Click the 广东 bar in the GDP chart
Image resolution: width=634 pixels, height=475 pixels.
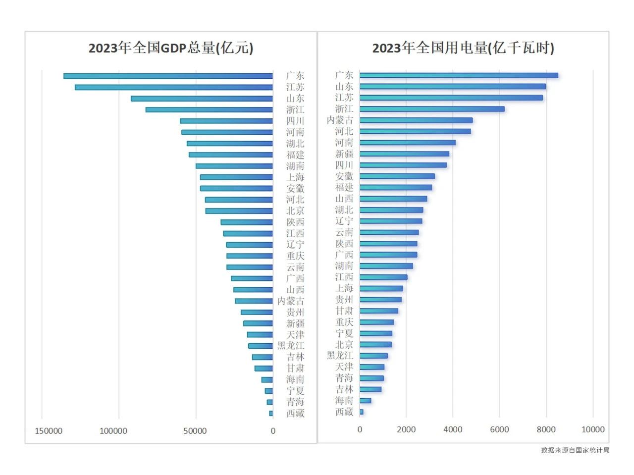[x=168, y=76]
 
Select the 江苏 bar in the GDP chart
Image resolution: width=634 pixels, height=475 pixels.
[x=174, y=87]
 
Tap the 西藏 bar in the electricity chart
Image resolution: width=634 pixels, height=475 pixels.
[x=362, y=412]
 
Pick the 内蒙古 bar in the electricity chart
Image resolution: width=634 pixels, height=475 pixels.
[x=416, y=120]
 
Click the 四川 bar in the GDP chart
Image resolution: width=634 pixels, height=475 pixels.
[x=226, y=121]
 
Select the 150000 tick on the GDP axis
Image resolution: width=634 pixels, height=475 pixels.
[x=49, y=431]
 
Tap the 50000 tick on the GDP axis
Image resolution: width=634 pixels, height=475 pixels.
[x=195, y=431]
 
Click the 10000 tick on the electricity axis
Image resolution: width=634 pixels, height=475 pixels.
[x=592, y=429]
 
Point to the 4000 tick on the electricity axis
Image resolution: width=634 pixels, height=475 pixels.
[x=453, y=429]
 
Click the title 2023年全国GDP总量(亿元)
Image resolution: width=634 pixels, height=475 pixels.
[x=171, y=48]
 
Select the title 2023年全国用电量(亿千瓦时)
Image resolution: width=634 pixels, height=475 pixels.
[x=463, y=48]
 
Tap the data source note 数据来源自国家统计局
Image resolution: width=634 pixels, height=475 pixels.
[x=575, y=450]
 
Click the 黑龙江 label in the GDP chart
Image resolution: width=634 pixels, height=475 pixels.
[x=291, y=346]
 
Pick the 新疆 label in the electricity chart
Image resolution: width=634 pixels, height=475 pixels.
[x=344, y=154]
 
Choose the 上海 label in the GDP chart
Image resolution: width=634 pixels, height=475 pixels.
[x=295, y=177]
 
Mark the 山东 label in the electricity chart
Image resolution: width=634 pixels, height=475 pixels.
[x=344, y=86]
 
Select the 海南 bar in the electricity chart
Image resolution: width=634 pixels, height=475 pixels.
[x=366, y=400]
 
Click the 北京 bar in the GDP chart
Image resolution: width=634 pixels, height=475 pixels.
[x=239, y=211]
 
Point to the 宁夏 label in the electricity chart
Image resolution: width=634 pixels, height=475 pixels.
[x=344, y=333]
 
